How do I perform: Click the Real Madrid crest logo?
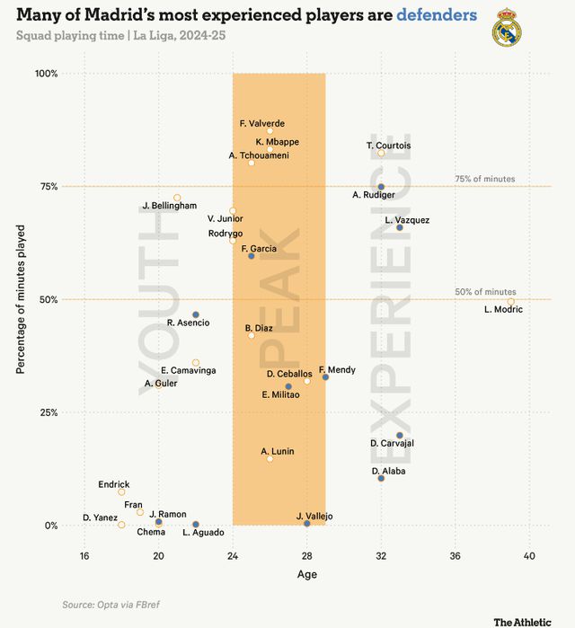tap(507, 28)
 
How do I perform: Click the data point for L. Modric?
tap(510, 303)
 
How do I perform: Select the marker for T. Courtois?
tap(381, 153)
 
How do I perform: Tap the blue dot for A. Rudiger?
tap(381, 187)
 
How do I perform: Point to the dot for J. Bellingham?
tap(177, 198)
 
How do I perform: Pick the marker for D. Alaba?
tap(381, 478)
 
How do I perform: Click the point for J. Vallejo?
tap(307, 523)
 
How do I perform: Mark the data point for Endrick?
tap(121, 492)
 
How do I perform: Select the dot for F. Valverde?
tap(270, 130)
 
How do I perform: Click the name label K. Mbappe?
tap(278, 141)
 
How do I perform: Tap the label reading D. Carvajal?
tap(393, 443)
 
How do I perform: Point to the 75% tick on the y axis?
tap(47, 187)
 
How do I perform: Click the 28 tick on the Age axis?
tap(307, 555)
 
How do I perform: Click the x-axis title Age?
tap(307, 575)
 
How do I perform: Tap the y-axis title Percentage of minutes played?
tap(21, 298)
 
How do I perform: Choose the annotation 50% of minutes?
tap(485, 292)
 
